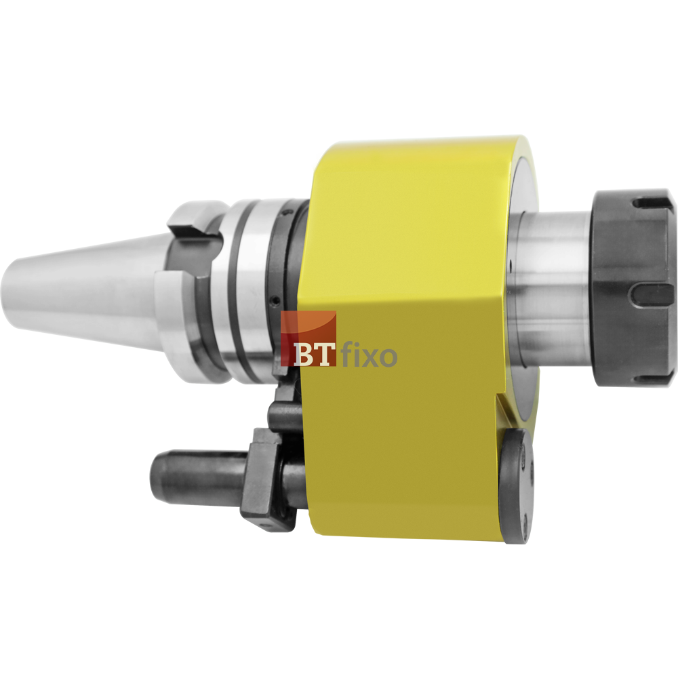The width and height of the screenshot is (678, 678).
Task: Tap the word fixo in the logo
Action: tap(369, 354)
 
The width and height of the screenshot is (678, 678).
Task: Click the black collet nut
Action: tap(633, 287)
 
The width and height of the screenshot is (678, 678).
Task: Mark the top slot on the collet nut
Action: tap(654, 203)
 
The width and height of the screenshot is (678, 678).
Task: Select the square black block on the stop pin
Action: tap(266, 479)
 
